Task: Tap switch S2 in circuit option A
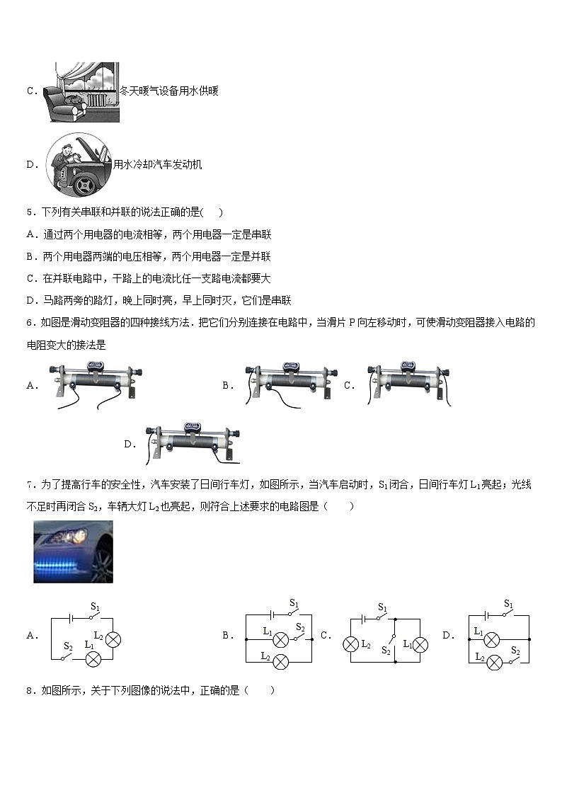click(x=67, y=658)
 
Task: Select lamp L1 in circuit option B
click(x=281, y=640)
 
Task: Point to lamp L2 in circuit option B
click(x=281, y=661)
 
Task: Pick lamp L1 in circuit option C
click(x=419, y=644)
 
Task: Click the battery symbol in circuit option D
click(x=488, y=616)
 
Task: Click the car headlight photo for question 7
click(x=73, y=551)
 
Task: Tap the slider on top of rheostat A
click(x=95, y=366)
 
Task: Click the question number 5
click(x=29, y=212)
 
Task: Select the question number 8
click(x=29, y=690)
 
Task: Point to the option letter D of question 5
click(x=30, y=300)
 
